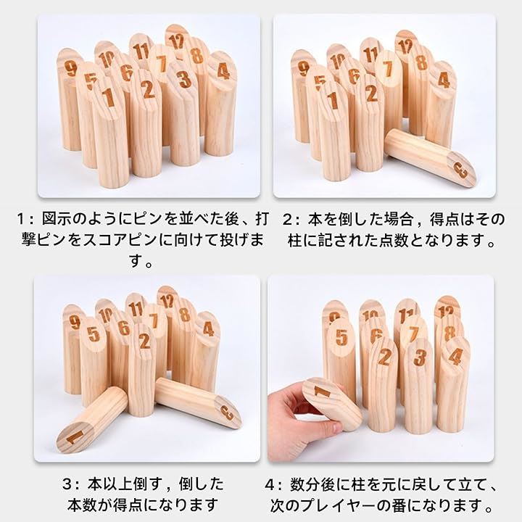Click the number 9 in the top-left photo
click(70, 69)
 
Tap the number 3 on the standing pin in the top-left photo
click(184, 80)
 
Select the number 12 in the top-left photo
click(176, 41)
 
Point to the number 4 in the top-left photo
click(223, 71)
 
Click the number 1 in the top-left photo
click(108, 98)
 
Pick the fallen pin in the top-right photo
click(430, 157)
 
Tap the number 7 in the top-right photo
click(387, 69)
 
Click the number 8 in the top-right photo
click(421, 62)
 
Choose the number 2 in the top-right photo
click(371, 93)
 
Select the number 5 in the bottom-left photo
click(94, 334)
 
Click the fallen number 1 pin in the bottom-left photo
click(92, 420)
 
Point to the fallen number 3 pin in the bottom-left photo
click(198, 403)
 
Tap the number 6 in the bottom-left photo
click(124, 328)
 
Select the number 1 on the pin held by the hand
click(322, 392)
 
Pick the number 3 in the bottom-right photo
click(420, 357)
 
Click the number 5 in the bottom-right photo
click(341, 337)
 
